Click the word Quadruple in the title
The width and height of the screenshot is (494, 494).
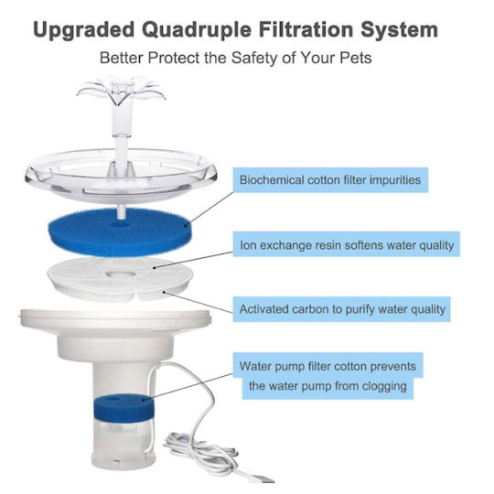[197, 31]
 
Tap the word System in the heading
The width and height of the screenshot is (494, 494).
[399, 30]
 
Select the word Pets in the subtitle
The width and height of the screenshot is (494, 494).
[356, 58]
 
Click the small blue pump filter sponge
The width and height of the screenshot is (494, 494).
[123, 408]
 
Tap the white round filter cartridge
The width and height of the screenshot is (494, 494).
[120, 279]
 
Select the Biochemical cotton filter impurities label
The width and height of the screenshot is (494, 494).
[330, 180]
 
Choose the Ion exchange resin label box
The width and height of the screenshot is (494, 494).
[347, 244]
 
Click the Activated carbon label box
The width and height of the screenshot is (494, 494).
[342, 309]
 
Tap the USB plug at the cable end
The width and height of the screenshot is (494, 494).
[263, 478]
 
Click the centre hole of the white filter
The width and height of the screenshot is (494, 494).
[121, 274]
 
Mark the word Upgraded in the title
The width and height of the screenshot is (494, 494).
[84, 31]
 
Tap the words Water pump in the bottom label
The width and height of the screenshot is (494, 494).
[273, 367]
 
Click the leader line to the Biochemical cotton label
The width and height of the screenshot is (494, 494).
[209, 209]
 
